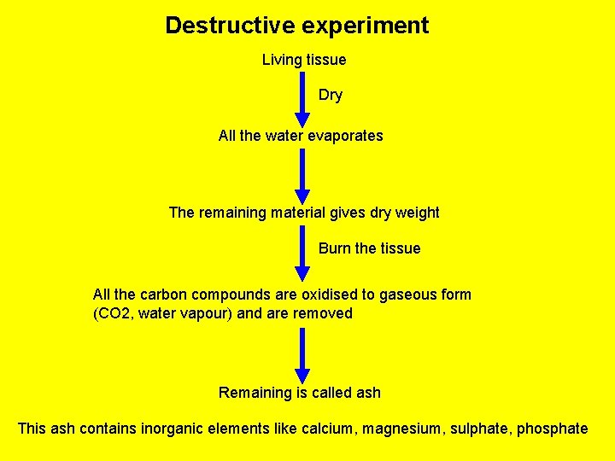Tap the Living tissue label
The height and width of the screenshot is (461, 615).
pyautogui.click(x=303, y=60)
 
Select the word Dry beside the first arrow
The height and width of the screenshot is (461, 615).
pyautogui.click(x=330, y=95)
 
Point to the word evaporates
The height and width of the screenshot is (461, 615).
pyautogui.click(x=345, y=136)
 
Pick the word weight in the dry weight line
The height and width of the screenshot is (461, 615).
pyautogui.click(x=418, y=213)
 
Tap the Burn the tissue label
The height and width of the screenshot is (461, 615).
pyautogui.click(x=369, y=248)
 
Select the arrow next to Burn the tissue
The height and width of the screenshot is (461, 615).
pyautogui.click(x=302, y=253)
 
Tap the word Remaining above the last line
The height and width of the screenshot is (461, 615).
pyautogui.click(x=255, y=393)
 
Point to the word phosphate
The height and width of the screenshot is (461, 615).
pyautogui.click(x=552, y=429)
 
